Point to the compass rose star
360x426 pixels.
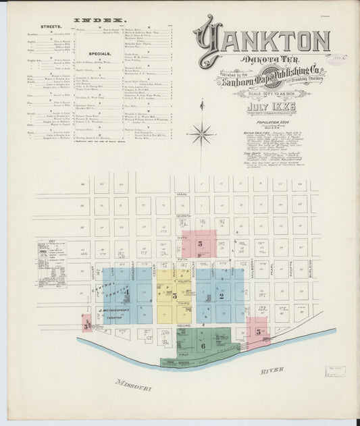point(201,134)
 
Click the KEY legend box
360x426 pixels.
point(52,263)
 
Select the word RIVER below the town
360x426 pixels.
point(272,370)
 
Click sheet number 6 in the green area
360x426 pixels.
point(203,345)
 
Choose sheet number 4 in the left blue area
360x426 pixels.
point(126,292)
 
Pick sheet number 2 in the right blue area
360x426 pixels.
point(221,296)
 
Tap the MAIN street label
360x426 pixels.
point(182,194)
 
